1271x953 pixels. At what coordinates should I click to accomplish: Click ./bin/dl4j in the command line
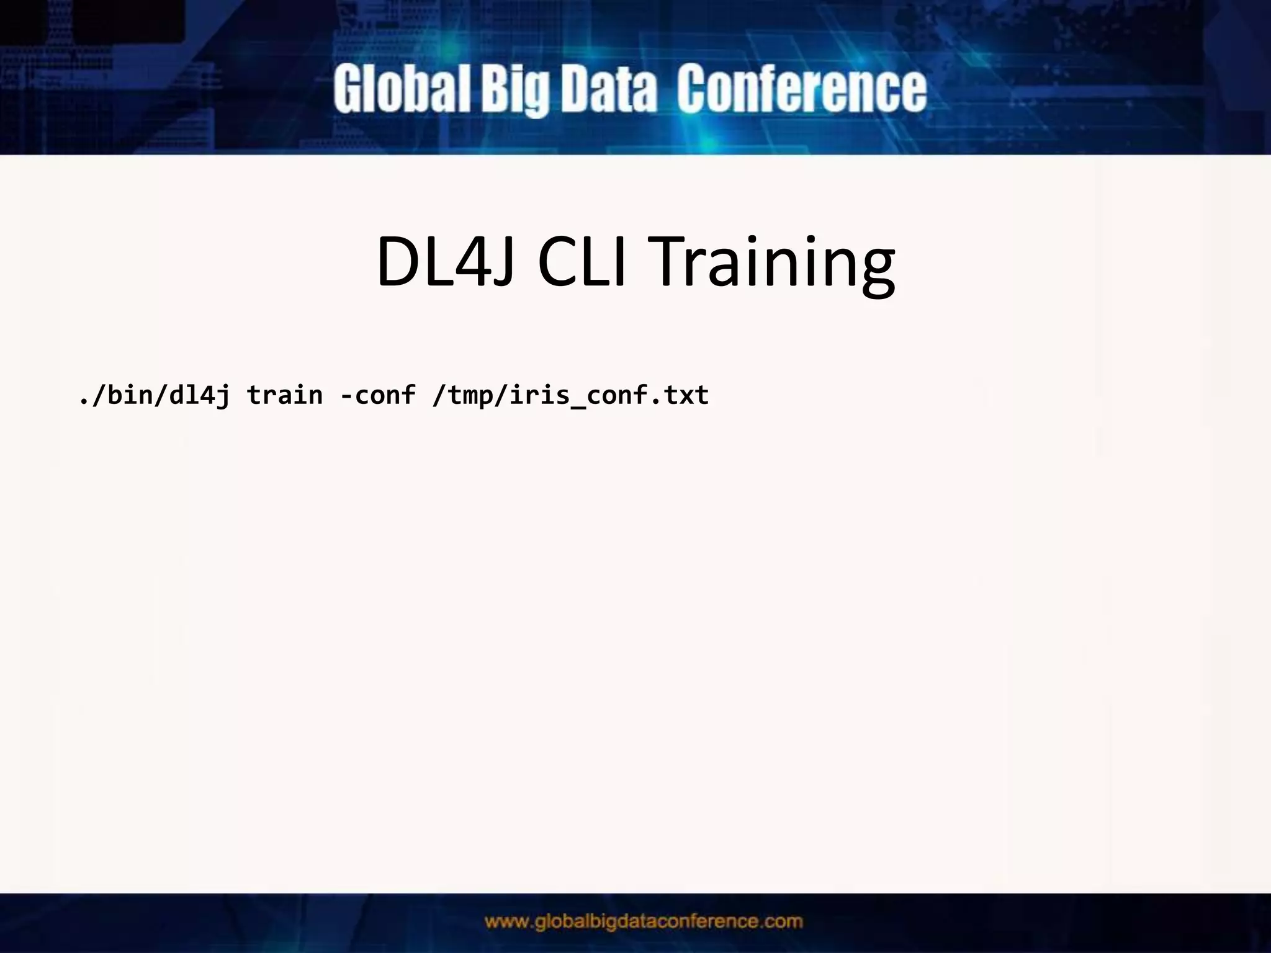click(x=154, y=395)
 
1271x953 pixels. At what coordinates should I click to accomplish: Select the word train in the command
click(x=285, y=395)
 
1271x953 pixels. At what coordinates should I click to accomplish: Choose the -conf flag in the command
click(x=377, y=395)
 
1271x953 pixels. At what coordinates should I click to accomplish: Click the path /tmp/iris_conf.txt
click(x=570, y=395)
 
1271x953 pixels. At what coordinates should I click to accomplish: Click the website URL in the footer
click(x=644, y=921)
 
